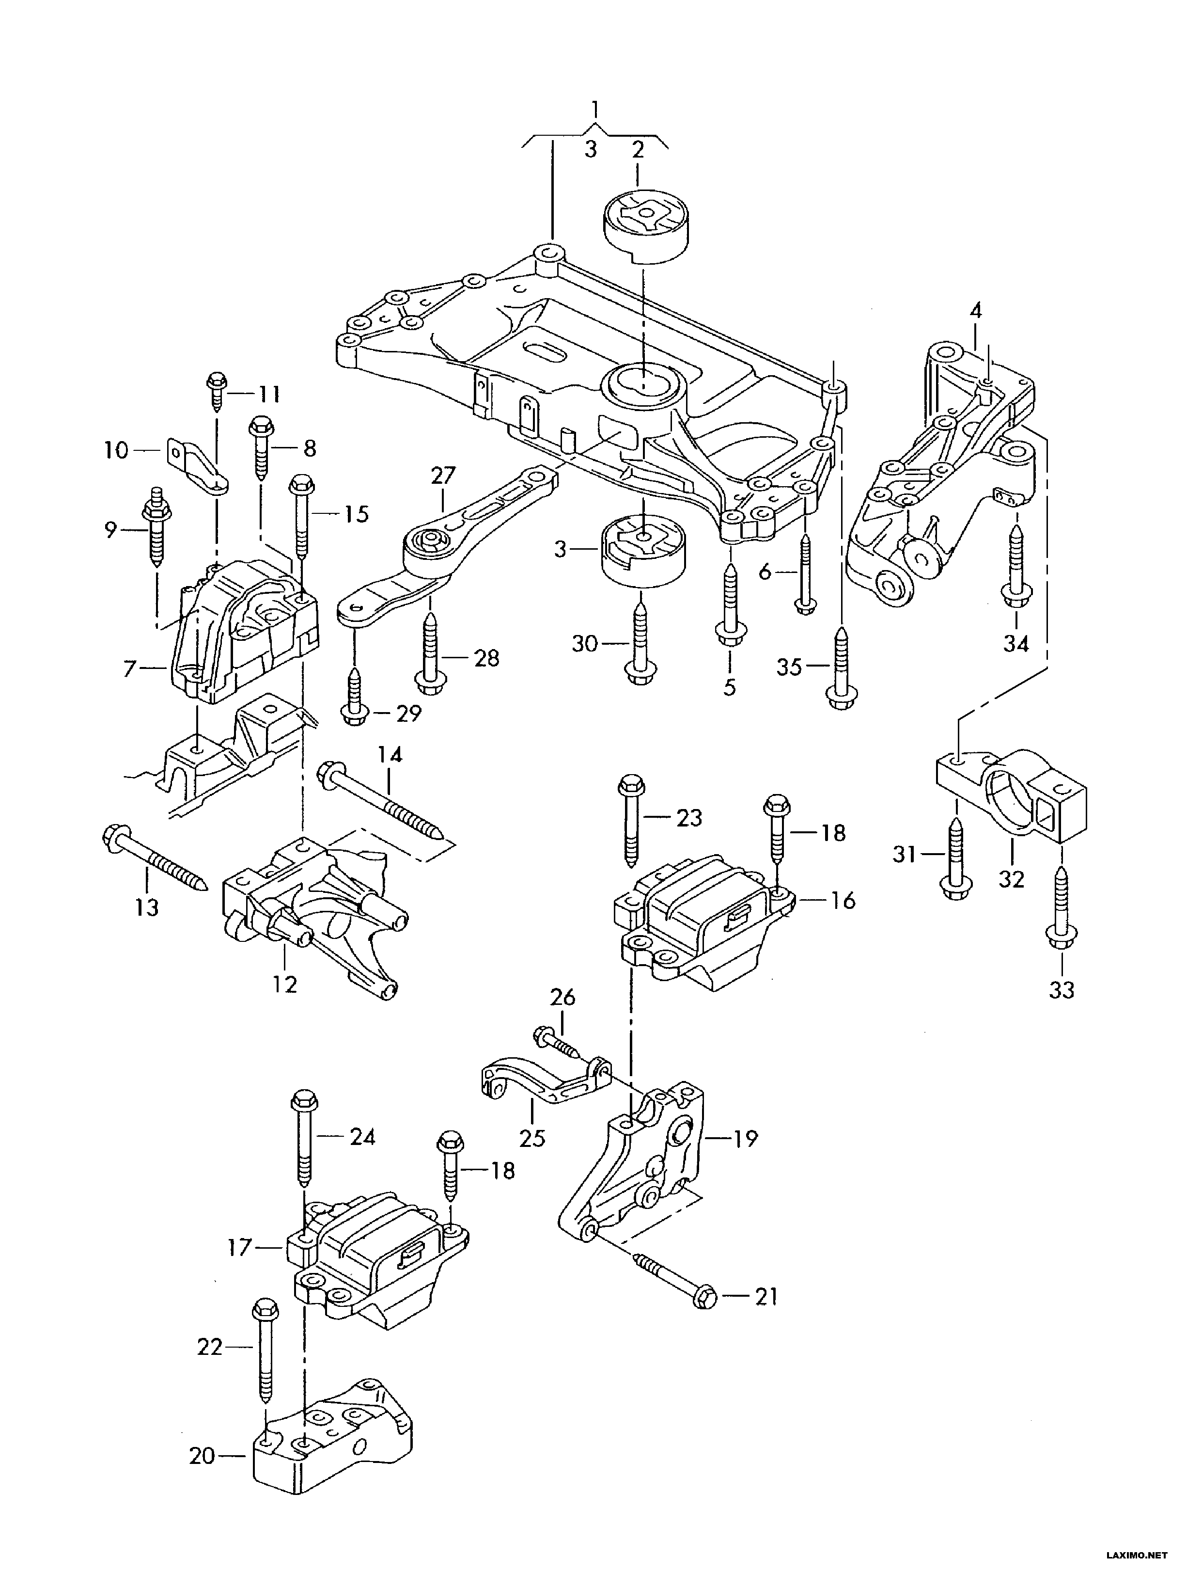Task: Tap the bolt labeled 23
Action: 632,821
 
